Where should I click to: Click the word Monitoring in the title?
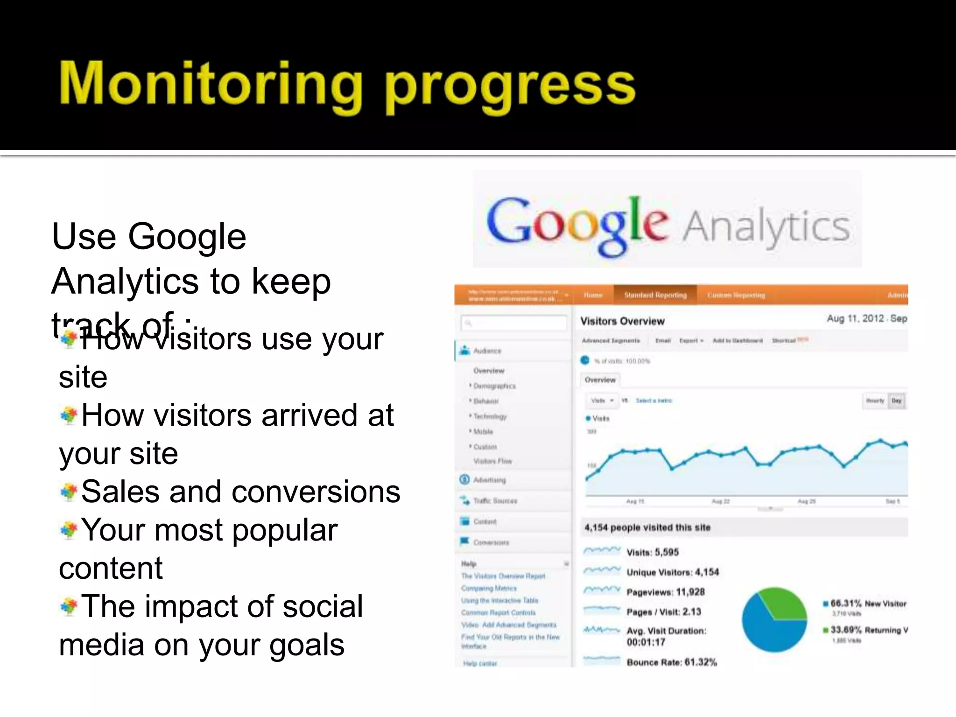coord(210,84)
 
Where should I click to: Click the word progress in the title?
coord(510,86)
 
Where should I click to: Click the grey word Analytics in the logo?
coord(766,226)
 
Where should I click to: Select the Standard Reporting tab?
coord(655,295)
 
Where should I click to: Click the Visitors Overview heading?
coord(622,321)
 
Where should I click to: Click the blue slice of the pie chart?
coord(766,630)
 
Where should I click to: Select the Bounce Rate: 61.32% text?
coord(671,662)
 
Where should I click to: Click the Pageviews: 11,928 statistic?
coord(665,592)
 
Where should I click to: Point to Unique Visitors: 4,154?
coord(672,572)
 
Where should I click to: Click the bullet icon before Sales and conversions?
coord(69,492)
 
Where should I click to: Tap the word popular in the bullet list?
coord(285,531)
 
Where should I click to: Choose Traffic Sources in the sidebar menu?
coord(495,501)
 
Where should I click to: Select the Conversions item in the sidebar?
coord(491,542)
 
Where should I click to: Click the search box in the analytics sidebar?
coord(513,323)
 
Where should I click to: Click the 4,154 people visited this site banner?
coord(647,527)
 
